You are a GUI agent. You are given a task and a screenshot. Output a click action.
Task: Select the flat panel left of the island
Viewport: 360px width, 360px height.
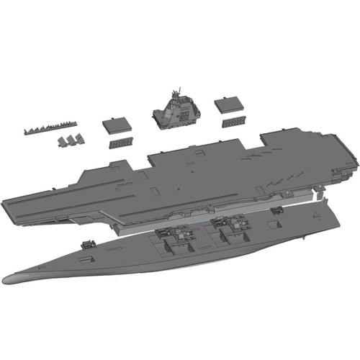coord(116,124)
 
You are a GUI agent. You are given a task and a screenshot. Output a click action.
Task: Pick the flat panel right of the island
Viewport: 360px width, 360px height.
coord(228,100)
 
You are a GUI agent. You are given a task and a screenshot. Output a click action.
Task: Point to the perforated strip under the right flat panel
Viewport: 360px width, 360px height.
coord(234,119)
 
